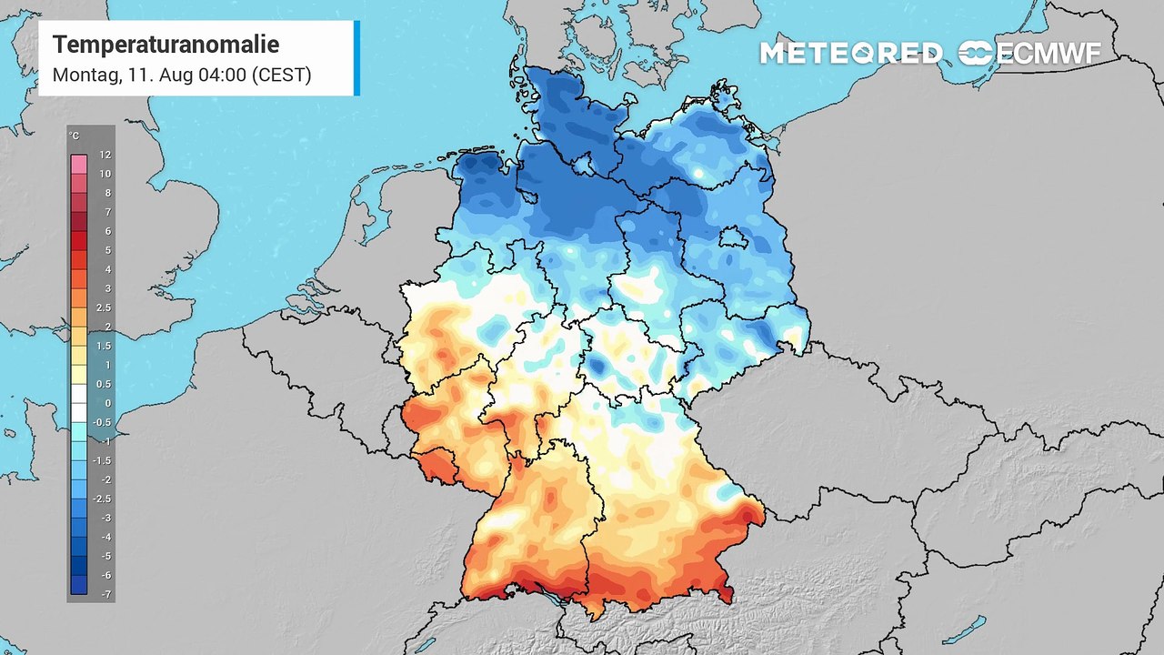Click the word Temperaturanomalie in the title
pyautogui.click(x=166, y=45)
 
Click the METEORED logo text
pyautogui.click(x=850, y=54)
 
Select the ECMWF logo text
pyautogui.click(x=1049, y=54)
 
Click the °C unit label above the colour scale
pyautogui.click(x=74, y=136)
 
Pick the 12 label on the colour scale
pyautogui.click(x=105, y=156)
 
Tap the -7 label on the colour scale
pyautogui.click(x=105, y=593)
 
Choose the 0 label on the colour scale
pyautogui.click(x=106, y=403)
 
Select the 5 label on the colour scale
pyautogui.click(x=106, y=250)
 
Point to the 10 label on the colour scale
pyautogui.click(x=105, y=174)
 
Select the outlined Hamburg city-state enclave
pyautogui.click(x=582, y=164)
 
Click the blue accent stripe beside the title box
pyautogui.click(x=356, y=58)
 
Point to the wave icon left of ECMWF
pyautogui.click(x=975, y=54)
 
